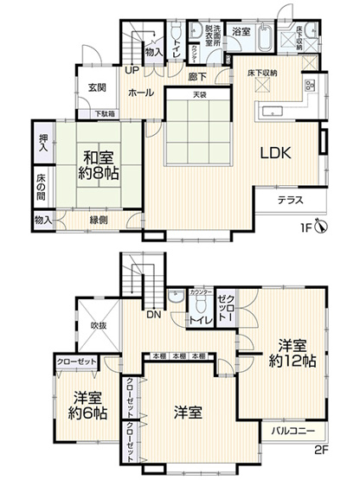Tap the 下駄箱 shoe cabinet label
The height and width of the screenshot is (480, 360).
106,112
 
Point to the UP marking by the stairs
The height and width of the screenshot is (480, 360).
132,70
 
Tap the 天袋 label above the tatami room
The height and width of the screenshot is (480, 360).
200,94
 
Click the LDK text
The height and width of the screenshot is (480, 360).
278,152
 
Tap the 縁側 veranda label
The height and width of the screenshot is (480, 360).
100,220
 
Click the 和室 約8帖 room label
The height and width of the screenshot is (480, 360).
101,163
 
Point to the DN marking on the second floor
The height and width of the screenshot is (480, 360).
153,314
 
